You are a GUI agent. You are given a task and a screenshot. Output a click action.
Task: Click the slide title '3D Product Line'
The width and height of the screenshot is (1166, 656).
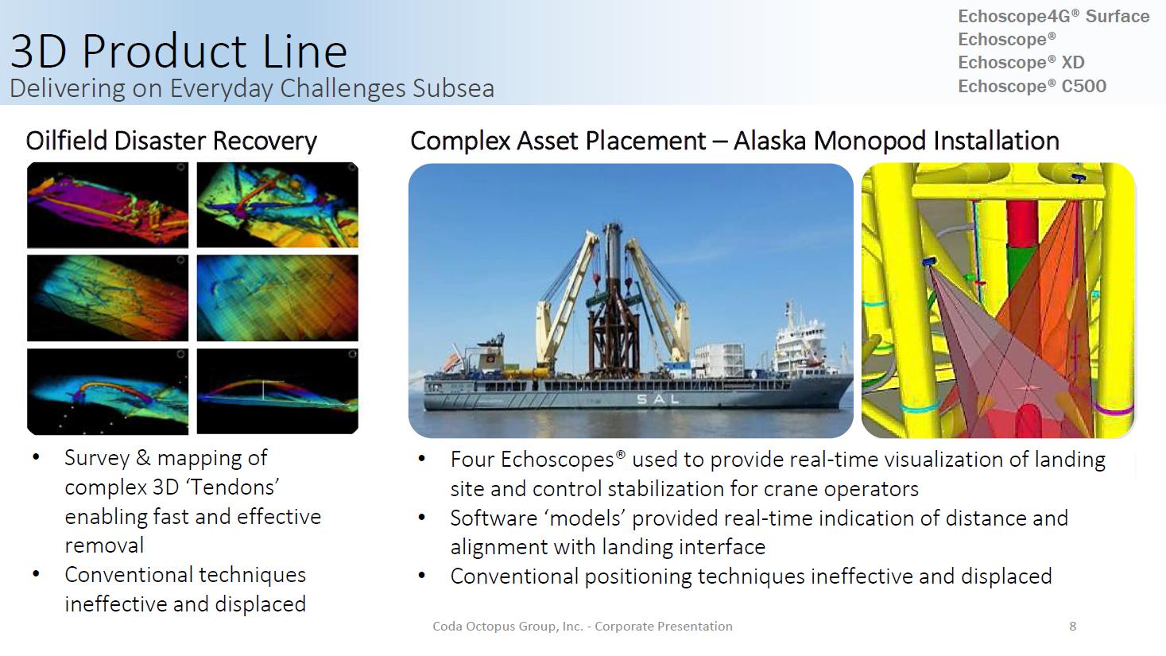[x=179, y=51]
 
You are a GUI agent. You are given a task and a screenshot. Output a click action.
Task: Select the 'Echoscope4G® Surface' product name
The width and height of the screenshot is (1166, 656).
[x=1054, y=16]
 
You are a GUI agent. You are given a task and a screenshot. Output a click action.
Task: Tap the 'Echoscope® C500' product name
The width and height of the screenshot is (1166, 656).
[x=1032, y=86]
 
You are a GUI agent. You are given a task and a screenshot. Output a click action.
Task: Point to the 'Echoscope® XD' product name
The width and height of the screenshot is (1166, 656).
[x=1021, y=63]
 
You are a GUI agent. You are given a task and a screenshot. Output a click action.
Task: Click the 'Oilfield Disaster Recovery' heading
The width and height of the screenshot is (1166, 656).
[x=171, y=141]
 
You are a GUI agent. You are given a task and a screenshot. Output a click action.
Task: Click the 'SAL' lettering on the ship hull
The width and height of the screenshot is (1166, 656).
[x=658, y=399]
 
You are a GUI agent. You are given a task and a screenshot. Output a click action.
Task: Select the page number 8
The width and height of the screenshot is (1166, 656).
[x=1073, y=627]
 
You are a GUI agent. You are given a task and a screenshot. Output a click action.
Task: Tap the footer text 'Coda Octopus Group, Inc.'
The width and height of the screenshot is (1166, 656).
[x=508, y=627]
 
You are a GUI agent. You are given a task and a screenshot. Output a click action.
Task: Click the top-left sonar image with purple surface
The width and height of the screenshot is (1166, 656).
[x=108, y=205]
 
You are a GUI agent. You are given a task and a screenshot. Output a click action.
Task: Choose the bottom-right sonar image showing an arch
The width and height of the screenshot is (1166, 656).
[x=277, y=391]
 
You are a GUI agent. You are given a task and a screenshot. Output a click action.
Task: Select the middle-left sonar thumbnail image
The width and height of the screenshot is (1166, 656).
[x=108, y=298]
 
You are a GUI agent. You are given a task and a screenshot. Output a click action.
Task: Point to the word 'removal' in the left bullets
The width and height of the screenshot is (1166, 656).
[x=104, y=545]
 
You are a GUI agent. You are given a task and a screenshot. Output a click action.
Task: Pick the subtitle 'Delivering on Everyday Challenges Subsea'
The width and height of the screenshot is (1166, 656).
[x=252, y=88]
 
